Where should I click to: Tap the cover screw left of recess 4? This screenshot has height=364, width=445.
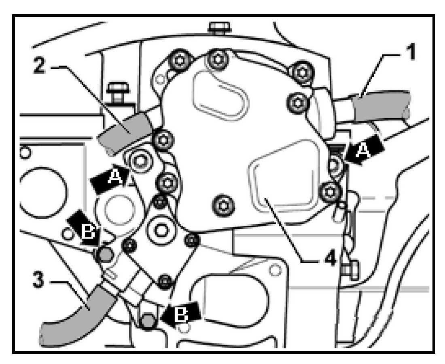tap(223, 204)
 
